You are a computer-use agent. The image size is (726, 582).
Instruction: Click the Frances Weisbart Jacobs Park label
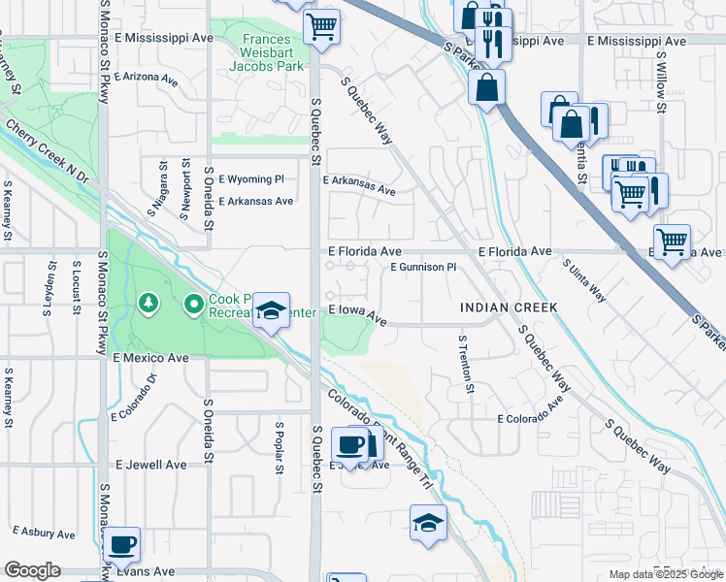(267, 53)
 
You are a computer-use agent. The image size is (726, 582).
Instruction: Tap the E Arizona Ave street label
(147, 76)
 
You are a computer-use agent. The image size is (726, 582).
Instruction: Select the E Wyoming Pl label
(251, 179)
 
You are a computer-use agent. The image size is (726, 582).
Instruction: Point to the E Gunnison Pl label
(423, 267)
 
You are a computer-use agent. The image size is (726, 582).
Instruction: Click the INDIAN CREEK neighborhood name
(509, 307)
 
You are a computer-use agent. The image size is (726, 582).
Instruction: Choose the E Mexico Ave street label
(150, 358)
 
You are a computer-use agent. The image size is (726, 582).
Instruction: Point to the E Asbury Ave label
(44, 533)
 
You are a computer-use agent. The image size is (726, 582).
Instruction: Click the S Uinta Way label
(584, 279)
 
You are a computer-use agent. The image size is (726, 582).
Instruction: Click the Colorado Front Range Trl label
(379, 433)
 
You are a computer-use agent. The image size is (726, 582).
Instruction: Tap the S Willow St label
(660, 81)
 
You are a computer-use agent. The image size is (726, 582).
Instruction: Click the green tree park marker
(148, 305)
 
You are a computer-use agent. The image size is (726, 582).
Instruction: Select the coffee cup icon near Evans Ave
(122, 545)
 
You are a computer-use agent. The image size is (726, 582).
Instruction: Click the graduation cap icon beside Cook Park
(272, 310)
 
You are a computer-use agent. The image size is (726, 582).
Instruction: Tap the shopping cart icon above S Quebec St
(321, 25)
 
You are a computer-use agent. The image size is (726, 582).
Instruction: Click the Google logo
(32, 570)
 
